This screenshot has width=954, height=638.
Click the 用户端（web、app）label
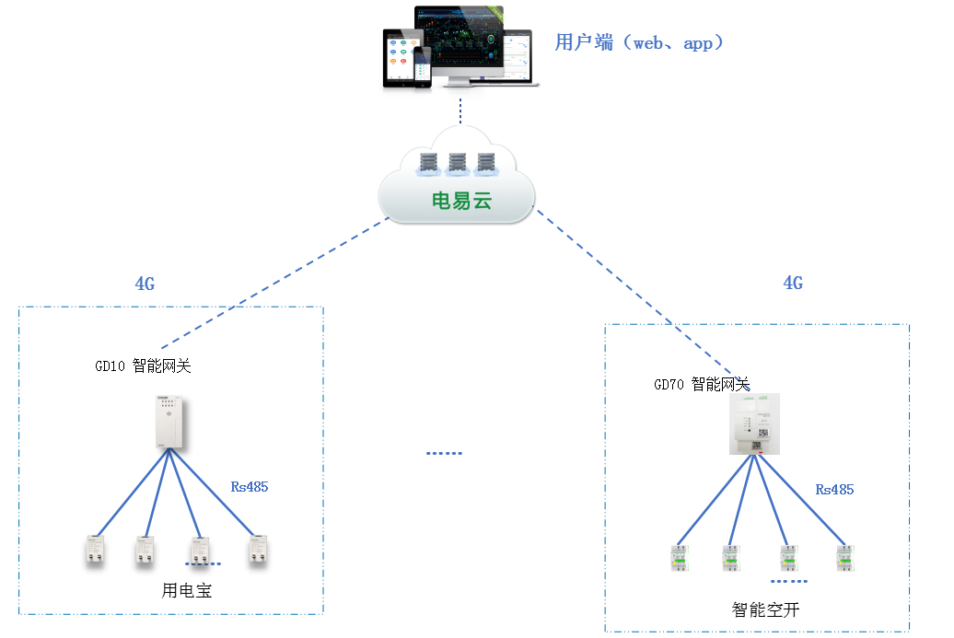(x=639, y=42)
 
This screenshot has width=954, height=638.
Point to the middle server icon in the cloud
(x=458, y=165)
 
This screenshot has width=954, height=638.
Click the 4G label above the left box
(x=145, y=284)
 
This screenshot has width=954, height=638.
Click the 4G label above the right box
(x=793, y=284)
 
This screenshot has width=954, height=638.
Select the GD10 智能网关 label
(x=143, y=365)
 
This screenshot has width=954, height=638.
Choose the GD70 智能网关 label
(x=702, y=384)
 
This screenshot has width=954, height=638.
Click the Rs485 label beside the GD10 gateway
(x=249, y=486)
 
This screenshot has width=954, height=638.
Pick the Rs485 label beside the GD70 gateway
(x=834, y=489)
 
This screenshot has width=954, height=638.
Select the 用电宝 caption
(x=187, y=590)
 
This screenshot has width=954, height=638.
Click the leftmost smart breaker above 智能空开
(x=680, y=558)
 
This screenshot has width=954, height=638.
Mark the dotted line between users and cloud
(x=460, y=107)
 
